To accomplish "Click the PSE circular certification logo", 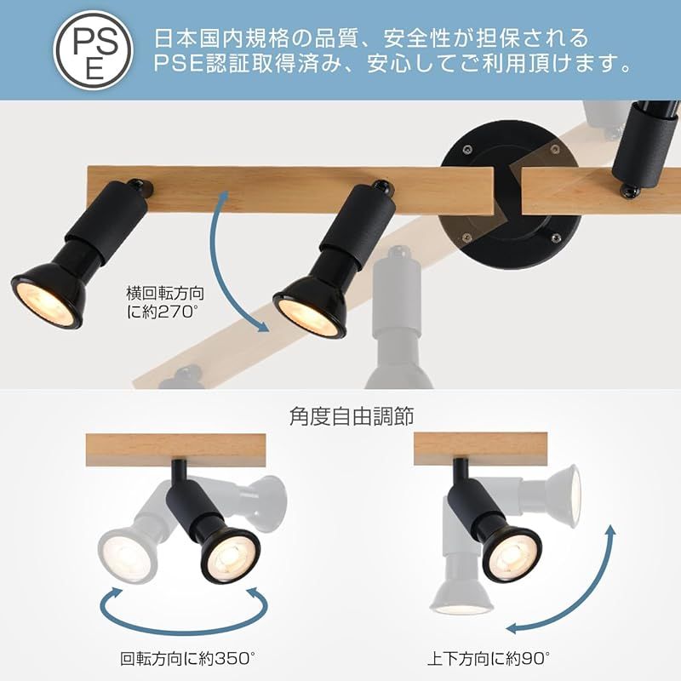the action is [93, 50].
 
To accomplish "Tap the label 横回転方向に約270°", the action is [165, 302].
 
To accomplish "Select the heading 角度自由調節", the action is [352, 416].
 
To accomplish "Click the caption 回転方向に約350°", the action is [187, 658].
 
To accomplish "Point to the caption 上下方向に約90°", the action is [489, 658].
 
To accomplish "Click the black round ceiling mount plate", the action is [510, 195].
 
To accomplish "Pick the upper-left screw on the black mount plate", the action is [466, 149].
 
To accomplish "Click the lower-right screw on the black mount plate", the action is [556, 238].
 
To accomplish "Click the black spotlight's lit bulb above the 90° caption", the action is [512, 558].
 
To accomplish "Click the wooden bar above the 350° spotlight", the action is [176, 450].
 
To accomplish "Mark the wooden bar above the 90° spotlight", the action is [480, 449].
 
